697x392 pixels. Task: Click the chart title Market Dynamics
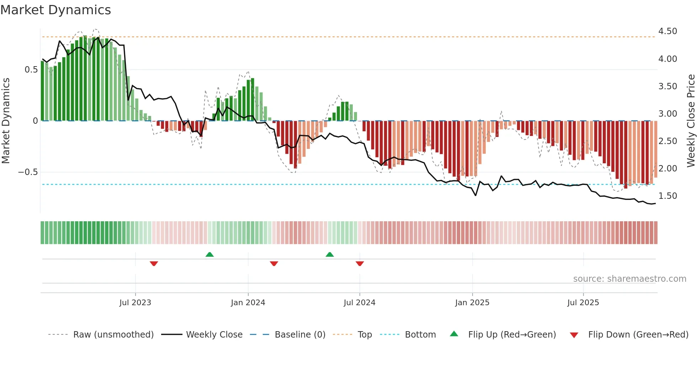click(x=55, y=10)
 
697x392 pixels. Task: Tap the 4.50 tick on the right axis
click(x=667, y=31)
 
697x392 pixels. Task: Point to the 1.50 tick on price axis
click(x=667, y=196)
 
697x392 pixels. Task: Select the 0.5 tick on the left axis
click(x=31, y=70)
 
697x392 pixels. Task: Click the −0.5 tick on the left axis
click(x=28, y=172)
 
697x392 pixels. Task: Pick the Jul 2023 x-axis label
click(x=135, y=303)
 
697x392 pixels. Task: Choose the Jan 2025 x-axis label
click(x=472, y=303)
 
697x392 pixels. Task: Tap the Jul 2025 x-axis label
click(x=583, y=303)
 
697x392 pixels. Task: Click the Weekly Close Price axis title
click(x=691, y=121)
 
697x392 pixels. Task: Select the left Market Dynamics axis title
click(x=6, y=121)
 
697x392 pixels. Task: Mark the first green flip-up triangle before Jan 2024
click(x=209, y=255)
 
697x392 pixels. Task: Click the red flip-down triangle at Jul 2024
click(x=360, y=264)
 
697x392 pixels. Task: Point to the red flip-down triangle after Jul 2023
click(x=154, y=264)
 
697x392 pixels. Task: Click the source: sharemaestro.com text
click(x=629, y=279)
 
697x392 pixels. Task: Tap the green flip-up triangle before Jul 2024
click(x=330, y=255)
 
